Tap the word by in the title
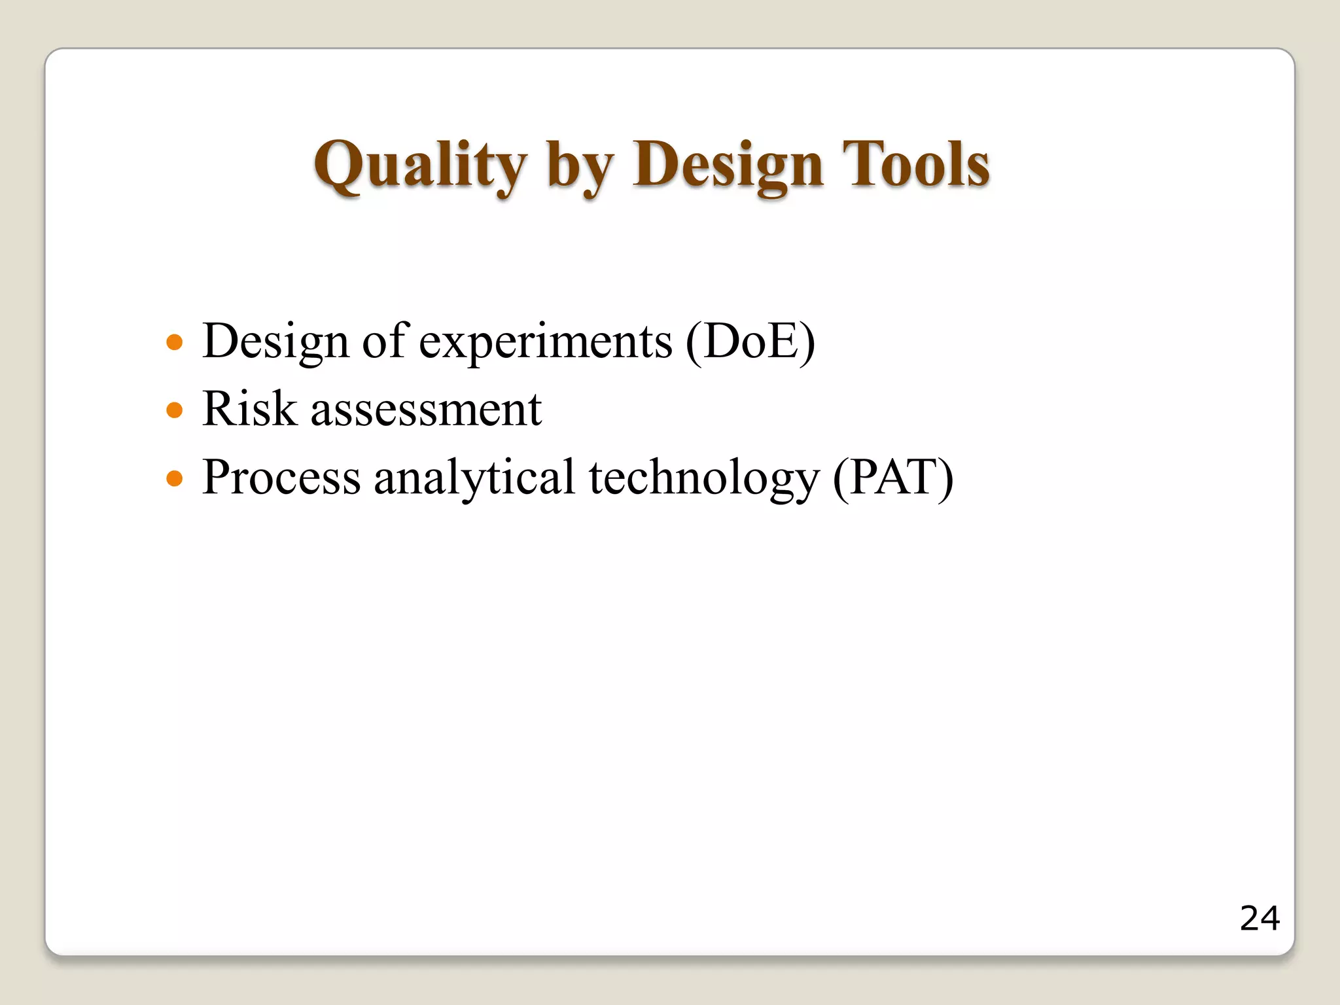580,167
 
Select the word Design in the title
727,166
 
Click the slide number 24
1259,918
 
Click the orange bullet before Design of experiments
174,342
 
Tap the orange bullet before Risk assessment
174,410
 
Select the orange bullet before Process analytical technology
174,478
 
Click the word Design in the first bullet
275,342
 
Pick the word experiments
545,342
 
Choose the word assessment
426,410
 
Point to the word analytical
474,478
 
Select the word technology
704,478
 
